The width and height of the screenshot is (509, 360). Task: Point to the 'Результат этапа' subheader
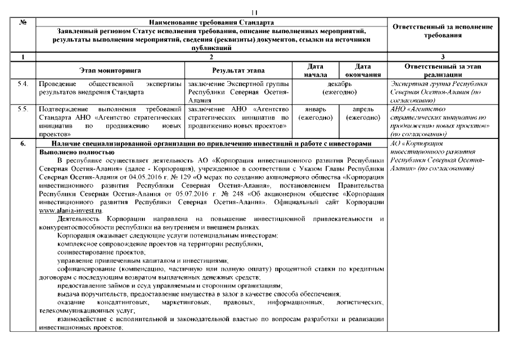238,70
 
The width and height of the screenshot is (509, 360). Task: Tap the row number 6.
22,144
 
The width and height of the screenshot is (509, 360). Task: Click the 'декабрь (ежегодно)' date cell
338,88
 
